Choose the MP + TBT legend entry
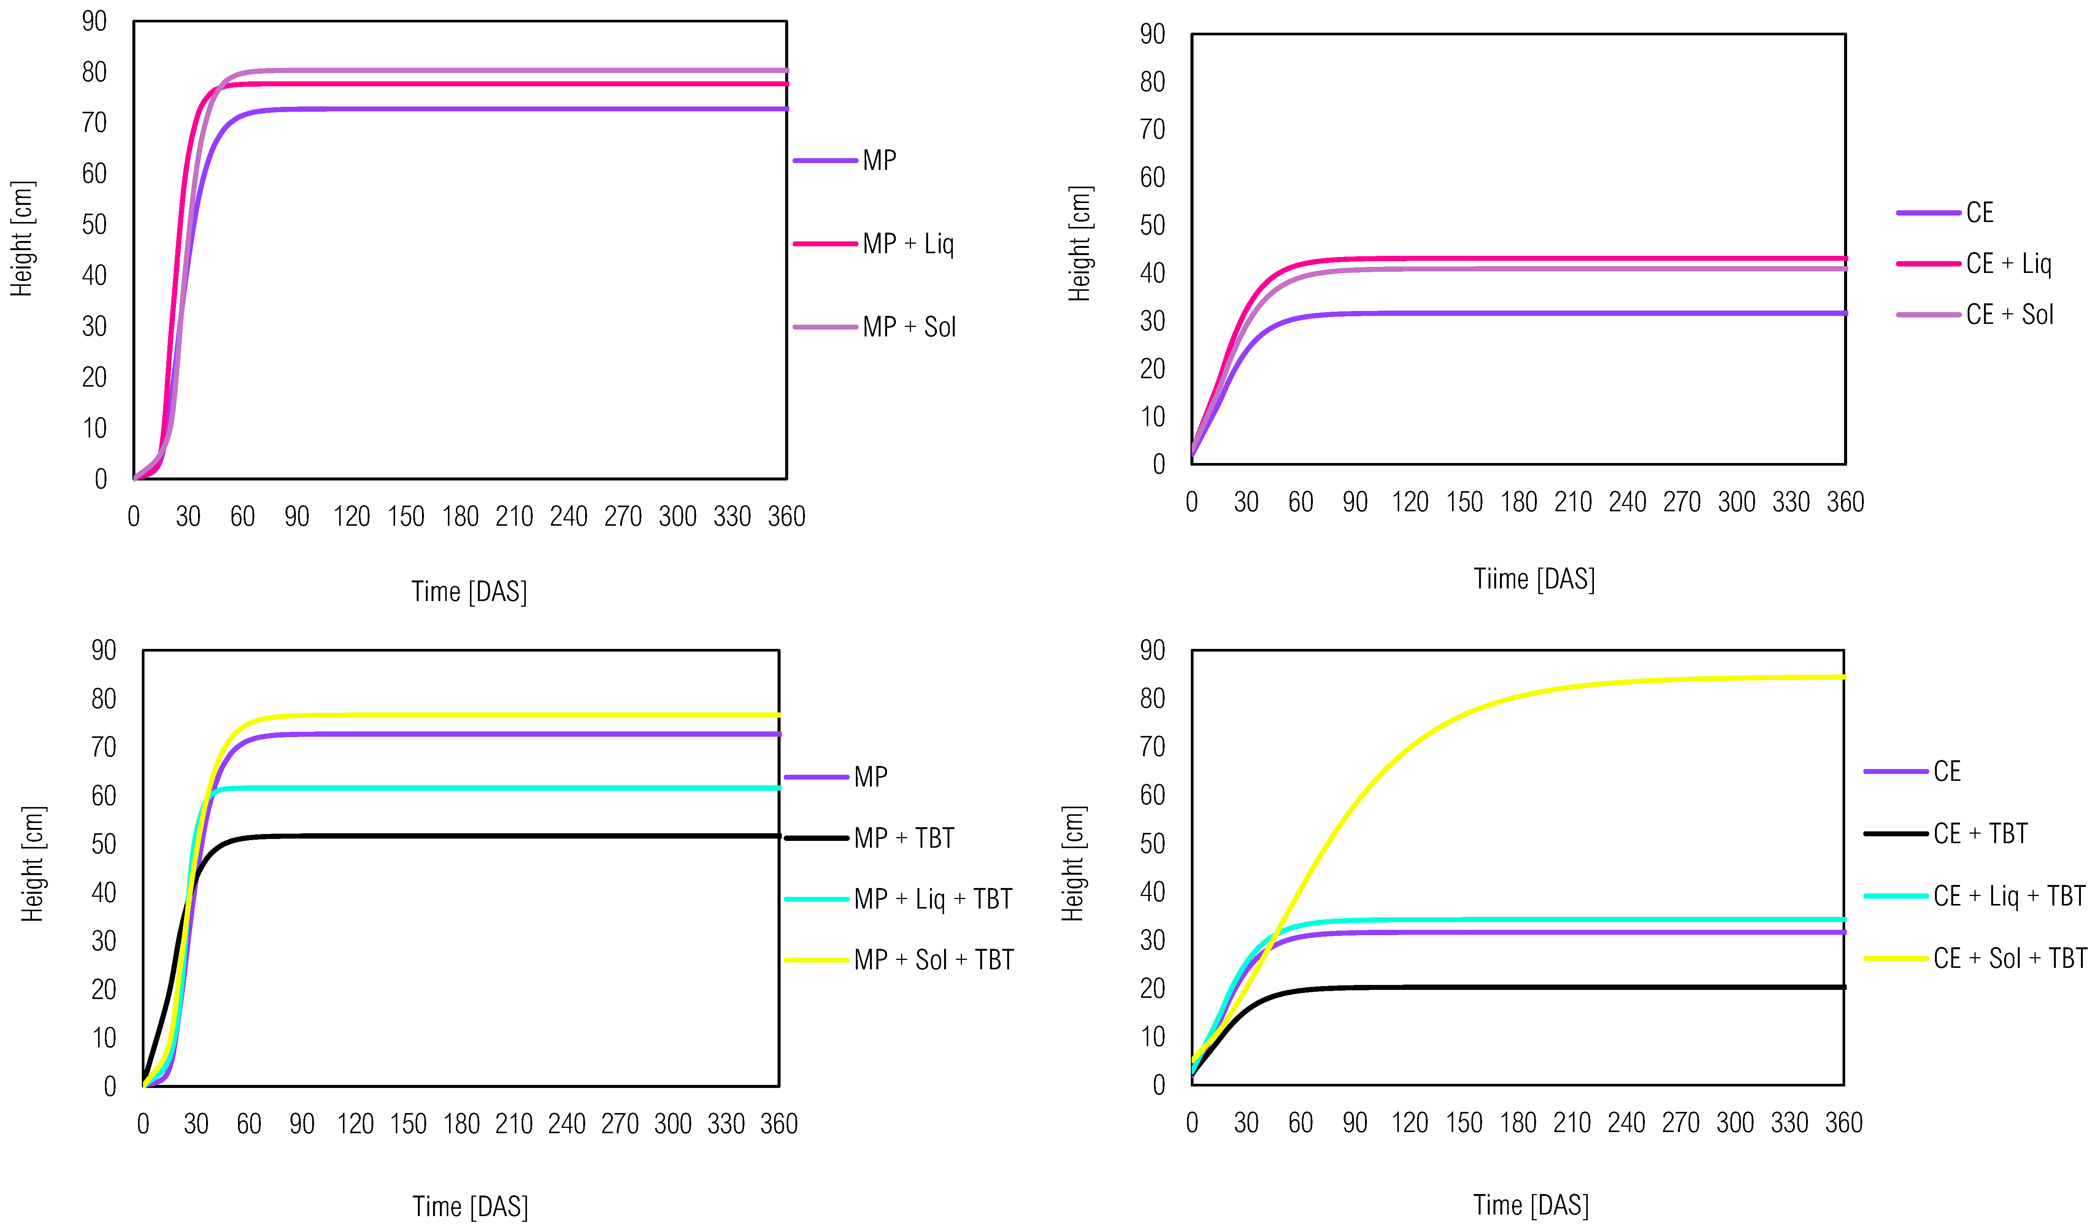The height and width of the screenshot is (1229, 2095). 904,837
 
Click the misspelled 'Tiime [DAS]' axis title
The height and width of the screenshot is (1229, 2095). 1534,579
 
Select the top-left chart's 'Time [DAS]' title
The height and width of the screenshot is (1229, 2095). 469,592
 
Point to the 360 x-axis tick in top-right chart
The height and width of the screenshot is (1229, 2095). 1845,502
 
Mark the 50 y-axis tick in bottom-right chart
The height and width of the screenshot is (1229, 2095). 1152,844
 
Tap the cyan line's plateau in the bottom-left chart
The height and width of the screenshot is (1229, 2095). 499,788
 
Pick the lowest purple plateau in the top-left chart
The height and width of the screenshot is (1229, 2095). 499,109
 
